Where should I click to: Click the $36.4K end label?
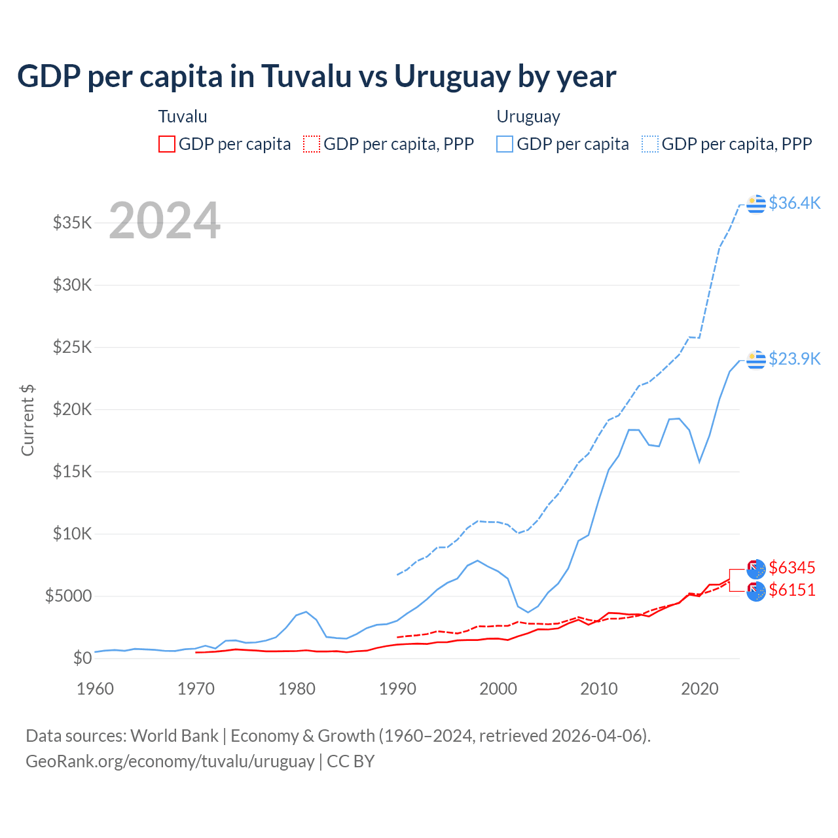click(794, 203)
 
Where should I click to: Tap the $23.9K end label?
click(794, 359)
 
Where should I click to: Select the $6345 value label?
click(792, 567)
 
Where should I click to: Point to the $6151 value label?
click(792, 590)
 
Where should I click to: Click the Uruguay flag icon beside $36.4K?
click(756, 204)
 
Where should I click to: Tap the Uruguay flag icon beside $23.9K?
click(756, 359)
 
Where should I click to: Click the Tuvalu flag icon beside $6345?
click(756, 568)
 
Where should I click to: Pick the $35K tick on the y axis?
click(73, 223)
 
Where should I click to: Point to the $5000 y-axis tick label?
click(69, 596)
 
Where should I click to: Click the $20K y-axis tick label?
click(73, 409)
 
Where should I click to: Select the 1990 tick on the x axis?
click(397, 689)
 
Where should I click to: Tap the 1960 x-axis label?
click(96, 689)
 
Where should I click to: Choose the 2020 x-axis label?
click(700, 689)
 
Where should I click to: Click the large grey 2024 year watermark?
click(164, 221)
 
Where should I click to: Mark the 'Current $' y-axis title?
click(27, 420)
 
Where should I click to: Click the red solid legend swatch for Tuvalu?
click(167, 144)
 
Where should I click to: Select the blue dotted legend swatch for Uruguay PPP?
click(650, 144)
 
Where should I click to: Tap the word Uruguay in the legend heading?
click(528, 117)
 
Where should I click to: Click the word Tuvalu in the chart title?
click(307, 76)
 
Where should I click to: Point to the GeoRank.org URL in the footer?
click(170, 761)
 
